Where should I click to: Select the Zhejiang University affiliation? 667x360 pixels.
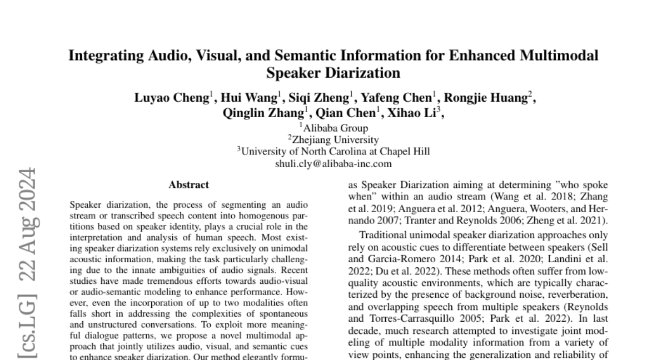(333, 140)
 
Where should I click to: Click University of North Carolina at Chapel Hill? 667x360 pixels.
(333, 152)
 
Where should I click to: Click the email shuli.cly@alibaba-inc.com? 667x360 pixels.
(333, 163)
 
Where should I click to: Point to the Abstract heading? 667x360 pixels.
(189, 185)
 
